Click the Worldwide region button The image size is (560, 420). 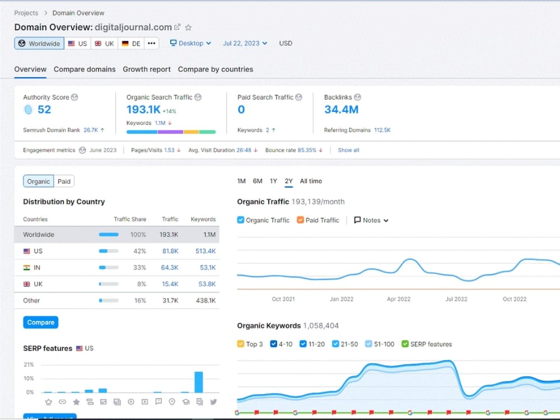pyautogui.click(x=39, y=44)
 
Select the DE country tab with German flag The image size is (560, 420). pyautogui.click(x=131, y=44)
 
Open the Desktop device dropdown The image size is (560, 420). pyautogui.click(x=191, y=43)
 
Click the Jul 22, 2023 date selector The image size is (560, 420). pyautogui.click(x=245, y=43)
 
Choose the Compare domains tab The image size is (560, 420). pyautogui.click(x=85, y=69)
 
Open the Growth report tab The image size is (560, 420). pyautogui.click(x=147, y=69)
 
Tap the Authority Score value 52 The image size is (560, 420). pyautogui.click(x=44, y=109)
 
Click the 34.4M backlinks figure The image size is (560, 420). pyautogui.click(x=342, y=109)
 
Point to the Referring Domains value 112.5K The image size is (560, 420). pyautogui.click(x=382, y=130)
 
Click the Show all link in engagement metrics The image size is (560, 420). pyautogui.click(x=348, y=150)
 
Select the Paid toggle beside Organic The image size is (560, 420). pyautogui.click(x=64, y=181)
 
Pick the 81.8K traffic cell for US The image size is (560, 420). pyautogui.click(x=170, y=251)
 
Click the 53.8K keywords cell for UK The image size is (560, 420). pyautogui.click(x=207, y=284)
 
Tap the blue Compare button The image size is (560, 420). pyautogui.click(x=41, y=322)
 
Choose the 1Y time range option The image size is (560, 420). pyautogui.click(x=274, y=181)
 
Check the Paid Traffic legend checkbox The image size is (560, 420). pyautogui.click(x=300, y=220)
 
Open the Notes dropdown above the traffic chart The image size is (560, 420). pyautogui.click(x=371, y=220)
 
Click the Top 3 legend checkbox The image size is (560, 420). pyautogui.click(x=241, y=344)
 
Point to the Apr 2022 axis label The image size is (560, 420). pyautogui.click(x=399, y=299)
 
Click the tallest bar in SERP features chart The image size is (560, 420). pyautogui.click(x=199, y=382)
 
